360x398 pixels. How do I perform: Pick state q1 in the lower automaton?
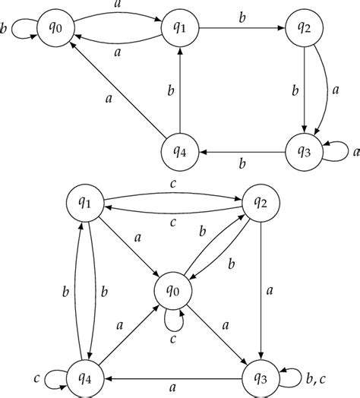(x=87, y=204)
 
